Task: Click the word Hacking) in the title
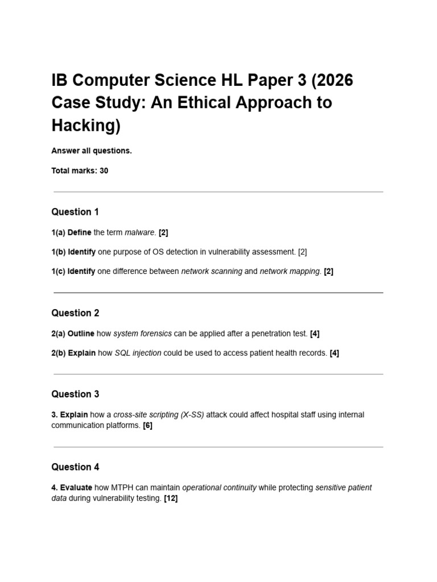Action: [86, 125]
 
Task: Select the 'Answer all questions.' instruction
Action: [92, 151]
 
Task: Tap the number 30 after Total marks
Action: [104, 171]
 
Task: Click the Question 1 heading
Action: [75, 212]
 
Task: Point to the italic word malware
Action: [139, 232]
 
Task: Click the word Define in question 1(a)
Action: [79, 232]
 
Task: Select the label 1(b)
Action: [58, 252]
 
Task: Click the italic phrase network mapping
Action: [290, 272]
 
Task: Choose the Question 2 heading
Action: [75, 313]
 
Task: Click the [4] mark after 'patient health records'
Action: [334, 353]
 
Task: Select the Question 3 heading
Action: [75, 394]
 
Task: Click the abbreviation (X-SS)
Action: [192, 415]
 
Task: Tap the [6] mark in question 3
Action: [147, 425]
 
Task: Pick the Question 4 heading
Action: [75, 467]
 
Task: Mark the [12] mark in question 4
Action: [171, 498]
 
